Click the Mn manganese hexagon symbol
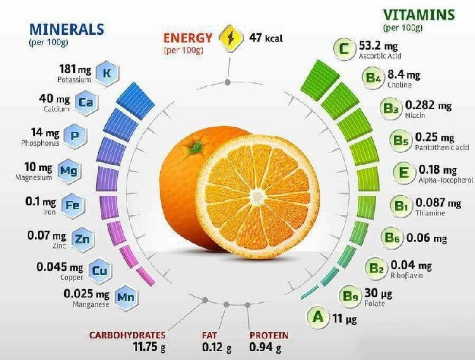tap(126, 297)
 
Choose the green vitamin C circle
tap(344, 48)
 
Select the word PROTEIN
tap(269, 335)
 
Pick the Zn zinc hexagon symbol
tap(82, 239)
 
